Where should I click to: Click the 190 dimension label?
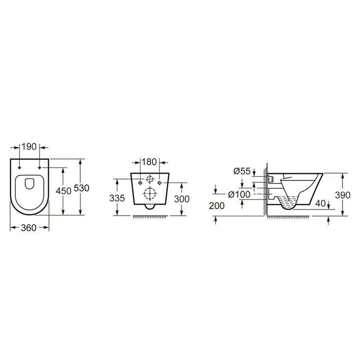point(29,146)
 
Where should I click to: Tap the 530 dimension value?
point(82,188)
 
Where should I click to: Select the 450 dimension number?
point(64,191)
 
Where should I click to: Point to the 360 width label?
point(29,228)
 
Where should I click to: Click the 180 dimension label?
point(149,162)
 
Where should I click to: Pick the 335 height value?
point(117,198)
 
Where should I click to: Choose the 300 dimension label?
point(182,199)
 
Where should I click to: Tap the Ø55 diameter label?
point(242,171)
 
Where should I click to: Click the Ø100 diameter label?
point(239,194)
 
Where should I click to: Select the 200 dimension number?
point(217,206)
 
